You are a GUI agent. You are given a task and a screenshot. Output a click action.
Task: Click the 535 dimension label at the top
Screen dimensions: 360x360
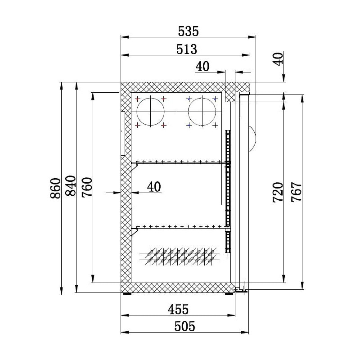188,31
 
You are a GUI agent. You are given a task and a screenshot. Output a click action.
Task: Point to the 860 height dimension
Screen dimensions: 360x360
55,189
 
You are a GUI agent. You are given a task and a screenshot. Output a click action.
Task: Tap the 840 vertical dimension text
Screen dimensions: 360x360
71,189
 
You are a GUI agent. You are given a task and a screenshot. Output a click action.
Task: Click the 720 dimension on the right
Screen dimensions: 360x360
278,192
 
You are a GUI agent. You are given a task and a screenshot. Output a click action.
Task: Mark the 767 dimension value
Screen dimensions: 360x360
296,192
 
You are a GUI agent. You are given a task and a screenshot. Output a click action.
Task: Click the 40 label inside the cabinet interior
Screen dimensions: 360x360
153,186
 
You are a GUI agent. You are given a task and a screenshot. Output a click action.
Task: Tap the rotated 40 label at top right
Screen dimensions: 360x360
278,59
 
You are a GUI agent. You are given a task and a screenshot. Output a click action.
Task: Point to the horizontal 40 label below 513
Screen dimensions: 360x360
202,66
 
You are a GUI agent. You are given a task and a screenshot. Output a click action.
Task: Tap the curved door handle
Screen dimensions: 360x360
252,137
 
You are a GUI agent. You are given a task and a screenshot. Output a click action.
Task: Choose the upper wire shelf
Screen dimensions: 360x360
180,162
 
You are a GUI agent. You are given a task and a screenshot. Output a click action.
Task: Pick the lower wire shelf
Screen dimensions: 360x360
180,226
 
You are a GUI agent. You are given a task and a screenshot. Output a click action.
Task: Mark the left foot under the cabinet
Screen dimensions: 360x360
127,294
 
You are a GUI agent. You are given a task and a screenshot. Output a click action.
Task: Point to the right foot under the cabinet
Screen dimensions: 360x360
229,294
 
